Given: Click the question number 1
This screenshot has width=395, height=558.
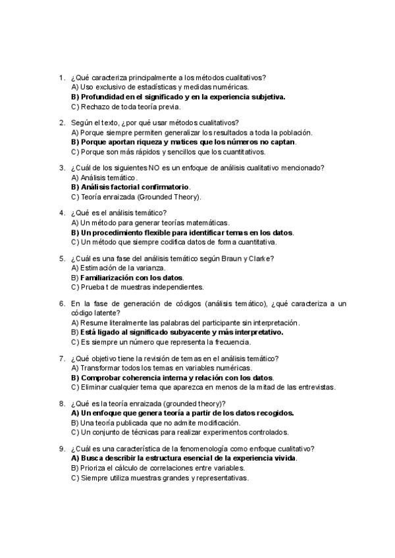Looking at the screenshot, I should click(x=61, y=77).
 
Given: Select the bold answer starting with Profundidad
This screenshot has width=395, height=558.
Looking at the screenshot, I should click(x=178, y=97).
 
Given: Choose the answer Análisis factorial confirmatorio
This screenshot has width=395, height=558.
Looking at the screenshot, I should click(x=130, y=187).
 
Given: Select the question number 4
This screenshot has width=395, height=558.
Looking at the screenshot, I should click(x=61, y=213).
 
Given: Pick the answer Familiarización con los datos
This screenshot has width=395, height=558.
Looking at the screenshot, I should click(x=126, y=277).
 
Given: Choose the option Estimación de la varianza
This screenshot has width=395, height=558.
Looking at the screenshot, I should click(x=118, y=267).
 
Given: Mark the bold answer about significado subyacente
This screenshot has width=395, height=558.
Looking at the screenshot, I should click(x=176, y=332).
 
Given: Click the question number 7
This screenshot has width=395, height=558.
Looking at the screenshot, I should click(x=61, y=358).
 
